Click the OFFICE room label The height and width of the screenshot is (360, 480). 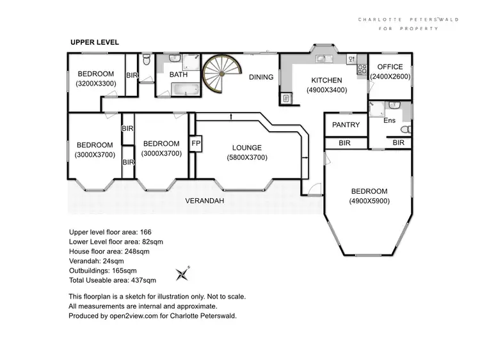coord(390,67)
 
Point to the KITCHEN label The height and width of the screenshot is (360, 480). coord(327,80)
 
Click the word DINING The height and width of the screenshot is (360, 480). coord(261,77)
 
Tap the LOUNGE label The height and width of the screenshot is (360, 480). coord(247,148)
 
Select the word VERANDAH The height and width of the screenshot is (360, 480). coord(204,200)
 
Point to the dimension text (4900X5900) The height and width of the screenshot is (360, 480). coord(369,201)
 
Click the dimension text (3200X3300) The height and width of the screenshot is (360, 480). coord(95,83)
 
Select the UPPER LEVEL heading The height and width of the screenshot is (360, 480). coord(95,42)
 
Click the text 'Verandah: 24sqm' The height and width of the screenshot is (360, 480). coord(97,261)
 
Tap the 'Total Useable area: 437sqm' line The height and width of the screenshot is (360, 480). coord(112,280)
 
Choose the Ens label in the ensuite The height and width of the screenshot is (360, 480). coord(389,120)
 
